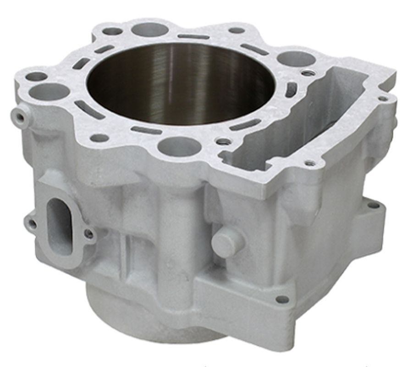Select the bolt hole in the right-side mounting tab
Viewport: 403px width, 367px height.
click(x=374, y=205)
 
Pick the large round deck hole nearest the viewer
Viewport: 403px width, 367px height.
click(x=179, y=146)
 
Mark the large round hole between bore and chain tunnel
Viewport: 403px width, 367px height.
click(x=296, y=59)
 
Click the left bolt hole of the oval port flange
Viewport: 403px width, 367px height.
click(x=32, y=224)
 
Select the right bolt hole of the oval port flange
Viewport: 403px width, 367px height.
click(x=89, y=234)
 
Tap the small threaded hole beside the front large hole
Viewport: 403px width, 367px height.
click(x=223, y=142)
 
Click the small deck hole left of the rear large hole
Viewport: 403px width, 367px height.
click(x=112, y=31)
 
